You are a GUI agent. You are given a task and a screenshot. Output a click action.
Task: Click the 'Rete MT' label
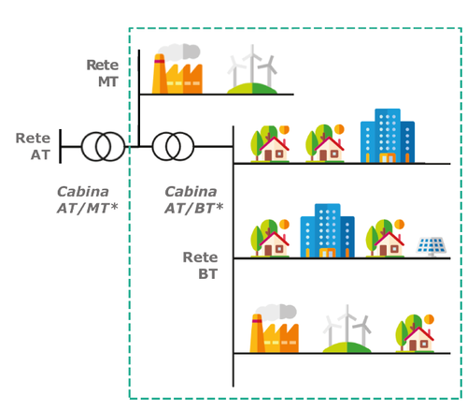pos(103,73)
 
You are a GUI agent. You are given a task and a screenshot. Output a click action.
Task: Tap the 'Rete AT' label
pos(33,146)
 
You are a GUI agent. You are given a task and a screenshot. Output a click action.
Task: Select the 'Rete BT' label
pos(200,266)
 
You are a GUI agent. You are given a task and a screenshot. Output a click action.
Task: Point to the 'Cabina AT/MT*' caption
pos(88,200)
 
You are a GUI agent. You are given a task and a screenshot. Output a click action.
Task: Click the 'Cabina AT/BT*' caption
pos(194,200)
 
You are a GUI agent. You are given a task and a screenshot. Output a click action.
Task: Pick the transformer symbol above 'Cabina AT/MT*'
pos(103,146)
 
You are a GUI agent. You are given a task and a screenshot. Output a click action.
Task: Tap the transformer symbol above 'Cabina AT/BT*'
pos(173,146)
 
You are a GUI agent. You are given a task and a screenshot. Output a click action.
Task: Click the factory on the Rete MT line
pos(177,74)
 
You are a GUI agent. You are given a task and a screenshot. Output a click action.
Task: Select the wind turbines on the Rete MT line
pos(252,69)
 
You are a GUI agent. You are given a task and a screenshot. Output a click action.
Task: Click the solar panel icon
pos(432,246)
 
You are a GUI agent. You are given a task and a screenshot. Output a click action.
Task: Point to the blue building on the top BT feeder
pos(388,136)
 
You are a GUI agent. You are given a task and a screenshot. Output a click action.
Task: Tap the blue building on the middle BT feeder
pos(327,231)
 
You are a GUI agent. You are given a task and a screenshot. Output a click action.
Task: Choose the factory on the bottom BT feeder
pos(275,333)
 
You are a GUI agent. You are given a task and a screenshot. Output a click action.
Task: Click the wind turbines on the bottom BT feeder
pos(347,329)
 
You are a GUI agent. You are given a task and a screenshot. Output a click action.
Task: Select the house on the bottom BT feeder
pos(415,333)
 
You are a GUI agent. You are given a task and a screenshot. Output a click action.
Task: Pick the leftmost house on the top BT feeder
pos(270,144)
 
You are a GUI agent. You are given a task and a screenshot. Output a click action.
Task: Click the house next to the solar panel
pos(385,239)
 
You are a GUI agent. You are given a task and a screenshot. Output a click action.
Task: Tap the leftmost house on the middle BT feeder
pos(270,239)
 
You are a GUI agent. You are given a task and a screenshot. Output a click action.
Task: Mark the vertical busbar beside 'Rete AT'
pos(61,146)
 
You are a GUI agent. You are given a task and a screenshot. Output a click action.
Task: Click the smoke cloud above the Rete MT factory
pos(178,52)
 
